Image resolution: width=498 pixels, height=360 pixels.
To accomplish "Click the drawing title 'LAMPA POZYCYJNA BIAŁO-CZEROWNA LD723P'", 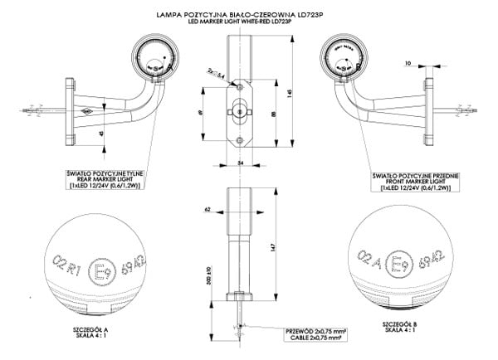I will (248, 15).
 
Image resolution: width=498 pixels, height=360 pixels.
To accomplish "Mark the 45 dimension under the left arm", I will (101, 133).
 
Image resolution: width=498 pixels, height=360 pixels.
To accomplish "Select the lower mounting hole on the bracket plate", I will (239, 139).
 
